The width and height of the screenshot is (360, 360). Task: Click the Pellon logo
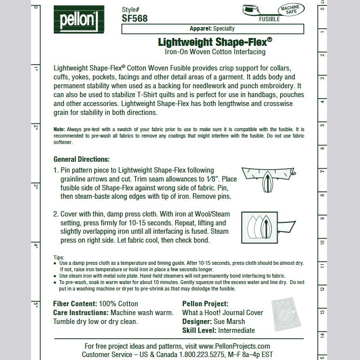79,20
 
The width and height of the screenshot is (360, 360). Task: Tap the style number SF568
135,19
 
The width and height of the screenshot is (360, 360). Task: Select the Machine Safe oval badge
291,10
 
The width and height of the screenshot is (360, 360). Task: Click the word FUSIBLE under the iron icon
269,19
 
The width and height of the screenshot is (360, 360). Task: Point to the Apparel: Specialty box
213,29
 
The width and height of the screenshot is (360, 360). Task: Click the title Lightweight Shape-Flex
215,42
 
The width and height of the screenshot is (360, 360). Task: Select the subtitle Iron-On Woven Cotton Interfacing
215,52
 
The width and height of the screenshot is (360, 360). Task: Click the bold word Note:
59,129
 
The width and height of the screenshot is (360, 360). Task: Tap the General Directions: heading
81,159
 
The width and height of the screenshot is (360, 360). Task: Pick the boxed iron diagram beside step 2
268,227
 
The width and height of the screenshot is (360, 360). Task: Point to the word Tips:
59,257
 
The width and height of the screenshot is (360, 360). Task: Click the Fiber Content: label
75,304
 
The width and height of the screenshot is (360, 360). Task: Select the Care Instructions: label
81,313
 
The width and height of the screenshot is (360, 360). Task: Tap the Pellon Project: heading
205,304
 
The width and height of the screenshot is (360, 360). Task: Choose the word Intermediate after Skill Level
237,330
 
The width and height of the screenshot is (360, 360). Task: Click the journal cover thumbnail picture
286,314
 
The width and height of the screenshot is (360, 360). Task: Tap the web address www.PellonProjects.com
234,346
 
